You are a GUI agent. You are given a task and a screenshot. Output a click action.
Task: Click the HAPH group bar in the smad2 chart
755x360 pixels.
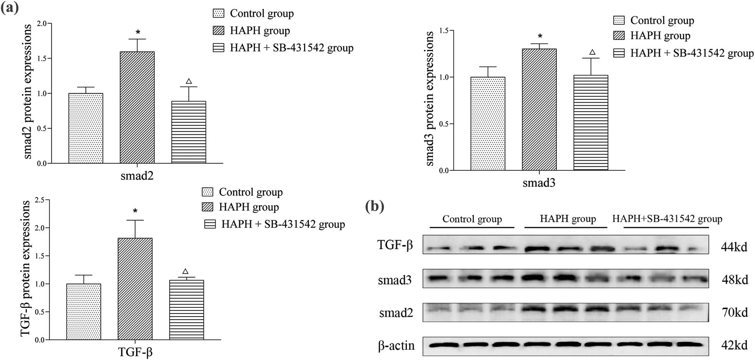click(x=137, y=107)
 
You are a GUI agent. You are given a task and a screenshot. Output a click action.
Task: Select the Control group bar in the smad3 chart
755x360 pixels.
click(x=488, y=124)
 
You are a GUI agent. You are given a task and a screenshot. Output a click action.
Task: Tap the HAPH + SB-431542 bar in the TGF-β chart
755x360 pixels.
click(x=187, y=310)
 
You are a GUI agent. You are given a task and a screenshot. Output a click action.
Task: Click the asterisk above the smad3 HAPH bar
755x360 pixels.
click(x=540, y=36)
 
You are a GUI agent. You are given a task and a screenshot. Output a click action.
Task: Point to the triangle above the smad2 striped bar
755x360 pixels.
click(x=189, y=81)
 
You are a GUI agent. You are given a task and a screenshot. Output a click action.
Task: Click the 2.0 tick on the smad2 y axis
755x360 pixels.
click(x=41, y=24)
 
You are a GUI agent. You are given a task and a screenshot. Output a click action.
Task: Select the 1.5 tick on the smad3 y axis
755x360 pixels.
click(x=444, y=31)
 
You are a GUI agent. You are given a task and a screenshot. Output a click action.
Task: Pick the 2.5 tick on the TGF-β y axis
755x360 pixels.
click(x=40, y=200)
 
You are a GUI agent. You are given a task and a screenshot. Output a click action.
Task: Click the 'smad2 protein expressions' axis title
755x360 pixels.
click(x=27, y=91)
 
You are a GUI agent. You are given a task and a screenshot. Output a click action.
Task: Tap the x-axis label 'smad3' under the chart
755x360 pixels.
click(x=539, y=183)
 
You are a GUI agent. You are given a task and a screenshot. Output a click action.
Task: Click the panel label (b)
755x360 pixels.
click(x=374, y=206)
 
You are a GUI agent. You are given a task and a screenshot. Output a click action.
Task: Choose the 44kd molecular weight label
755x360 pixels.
click(x=734, y=247)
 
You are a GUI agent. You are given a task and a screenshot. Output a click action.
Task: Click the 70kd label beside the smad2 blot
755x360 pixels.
click(x=735, y=312)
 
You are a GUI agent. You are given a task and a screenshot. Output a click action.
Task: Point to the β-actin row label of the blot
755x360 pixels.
click(x=396, y=346)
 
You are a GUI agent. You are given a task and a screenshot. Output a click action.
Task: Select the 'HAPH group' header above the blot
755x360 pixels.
click(x=568, y=219)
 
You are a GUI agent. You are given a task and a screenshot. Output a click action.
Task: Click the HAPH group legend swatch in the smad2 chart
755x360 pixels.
click(x=219, y=31)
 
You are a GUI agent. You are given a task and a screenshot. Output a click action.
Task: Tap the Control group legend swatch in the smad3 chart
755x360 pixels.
click(x=619, y=20)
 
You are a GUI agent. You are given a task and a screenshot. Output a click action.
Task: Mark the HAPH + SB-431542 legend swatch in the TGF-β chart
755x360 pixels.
click(x=210, y=224)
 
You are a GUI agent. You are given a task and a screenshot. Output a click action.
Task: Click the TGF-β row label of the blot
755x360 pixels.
click(x=395, y=245)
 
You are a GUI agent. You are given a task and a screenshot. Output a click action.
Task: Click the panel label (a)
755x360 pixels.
click(x=10, y=7)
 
